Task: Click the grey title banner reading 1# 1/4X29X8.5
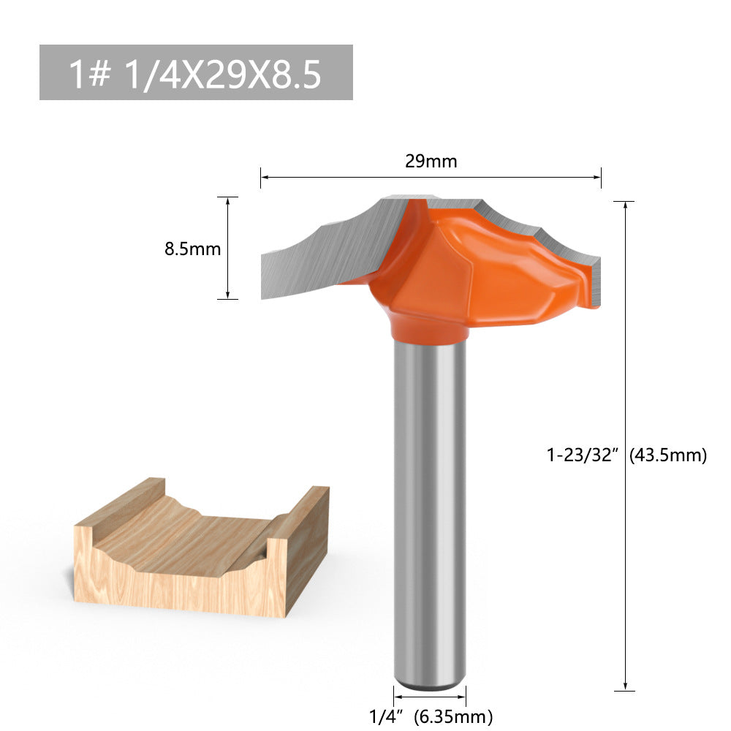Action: coord(196,72)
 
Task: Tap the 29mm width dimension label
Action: coord(431,162)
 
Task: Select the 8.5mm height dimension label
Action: coord(192,249)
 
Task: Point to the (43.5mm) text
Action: coord(668,455)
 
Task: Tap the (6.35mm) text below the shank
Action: coord(453,716)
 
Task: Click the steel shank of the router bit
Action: coord(430,512)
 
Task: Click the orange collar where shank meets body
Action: coord(430,329)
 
